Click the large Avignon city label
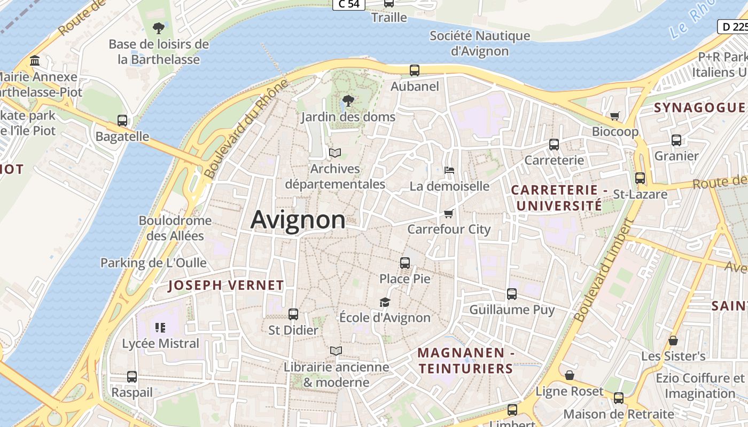(298, 219)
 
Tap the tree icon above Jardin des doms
(348, 100)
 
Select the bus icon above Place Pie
(405, 263)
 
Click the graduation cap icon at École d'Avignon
(385, 302)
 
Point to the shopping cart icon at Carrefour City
(448, 213)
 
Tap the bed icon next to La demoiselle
(449, 170)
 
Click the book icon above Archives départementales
(335, 153)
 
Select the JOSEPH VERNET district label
(226, 285)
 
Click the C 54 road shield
(348, 4)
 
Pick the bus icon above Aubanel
(415, 70)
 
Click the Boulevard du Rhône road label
(246, 130)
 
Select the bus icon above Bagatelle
(122, 121)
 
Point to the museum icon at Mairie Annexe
(35, 61)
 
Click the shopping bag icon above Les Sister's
(673, 340)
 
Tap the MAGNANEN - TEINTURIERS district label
(465, 360)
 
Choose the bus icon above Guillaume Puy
(512, 294)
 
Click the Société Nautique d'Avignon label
(480, 43)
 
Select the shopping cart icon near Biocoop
(615, 116)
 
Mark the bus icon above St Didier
(293, 314)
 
